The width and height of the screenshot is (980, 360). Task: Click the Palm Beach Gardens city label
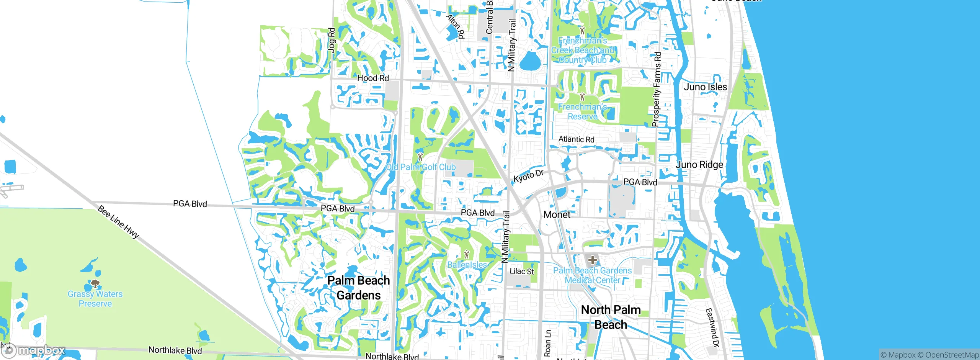(x=358, y=288)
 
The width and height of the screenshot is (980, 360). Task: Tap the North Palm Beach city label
(x=611, y=317)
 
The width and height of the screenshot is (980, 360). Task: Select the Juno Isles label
(x=705, y=87)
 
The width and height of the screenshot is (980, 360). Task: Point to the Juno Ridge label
(x=699, y=165)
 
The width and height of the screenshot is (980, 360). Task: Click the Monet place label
(x=557, y=214)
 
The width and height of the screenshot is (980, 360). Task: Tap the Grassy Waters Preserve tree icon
(x=95, y=284)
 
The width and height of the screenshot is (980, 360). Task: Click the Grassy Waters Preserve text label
(x=95, y=299)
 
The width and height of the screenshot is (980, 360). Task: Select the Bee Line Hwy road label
(x=118, y=222)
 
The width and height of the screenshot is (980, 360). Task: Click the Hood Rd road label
(x=373, y=78)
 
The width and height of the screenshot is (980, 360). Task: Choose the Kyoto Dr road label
(x=528, y=176)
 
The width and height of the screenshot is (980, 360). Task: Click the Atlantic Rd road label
(x=576, y=139)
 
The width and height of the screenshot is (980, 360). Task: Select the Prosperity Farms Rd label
(x=657, y=89)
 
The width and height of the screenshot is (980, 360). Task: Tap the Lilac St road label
(x=521, y=271)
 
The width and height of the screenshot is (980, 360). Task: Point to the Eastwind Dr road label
(x=712, y=327)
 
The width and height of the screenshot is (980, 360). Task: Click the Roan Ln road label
(x=548, y=343)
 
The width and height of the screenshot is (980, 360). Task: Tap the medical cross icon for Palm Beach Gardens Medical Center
(x=592, y=260)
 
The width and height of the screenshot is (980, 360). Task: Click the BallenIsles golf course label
(x=467, y=265)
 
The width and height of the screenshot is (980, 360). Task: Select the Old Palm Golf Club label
(x=421, y=167)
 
